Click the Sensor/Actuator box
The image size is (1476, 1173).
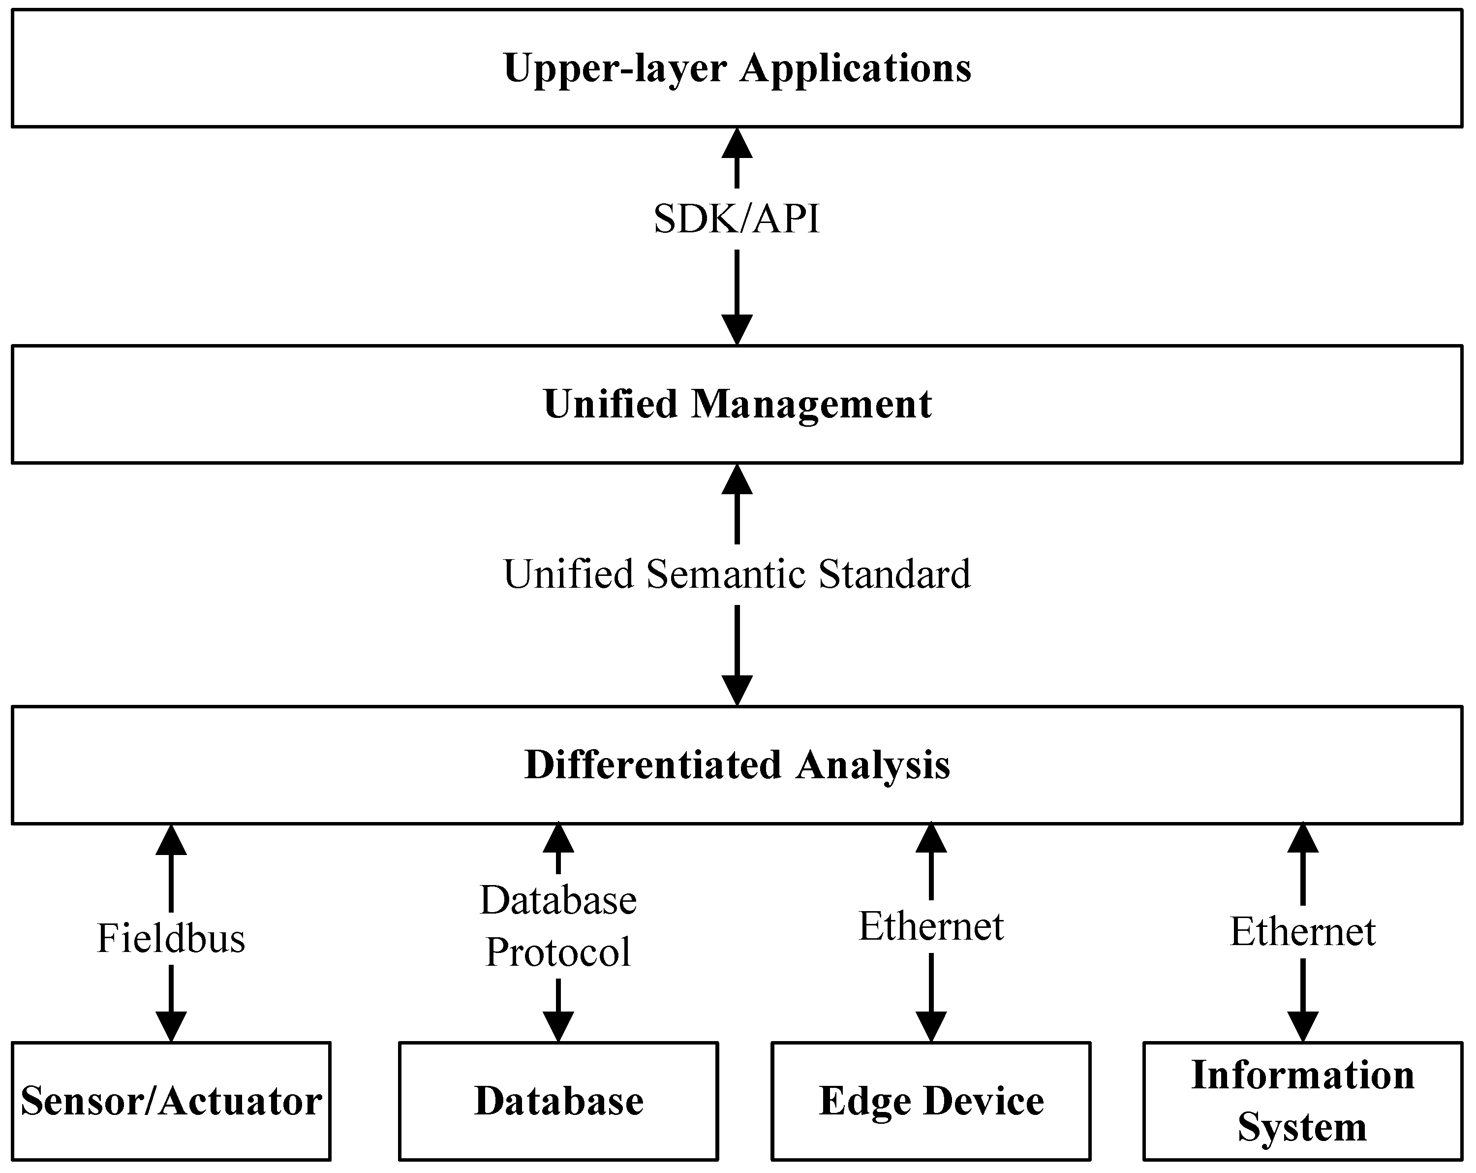tap(171, 1101)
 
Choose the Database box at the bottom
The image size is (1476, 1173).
tap(558, 1101)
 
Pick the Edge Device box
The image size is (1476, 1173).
tap(931, 1101)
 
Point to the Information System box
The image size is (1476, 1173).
tap(1303, 1101)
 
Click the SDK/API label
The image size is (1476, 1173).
tap(737, 219)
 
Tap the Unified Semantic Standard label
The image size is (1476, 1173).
tap(737, 574)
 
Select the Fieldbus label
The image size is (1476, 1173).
tap(171, 938)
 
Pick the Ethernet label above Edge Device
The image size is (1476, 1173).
tap(931, 926)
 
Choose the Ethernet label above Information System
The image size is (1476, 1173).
tap(1303, 932)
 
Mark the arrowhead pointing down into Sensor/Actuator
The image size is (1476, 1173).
tap(171, 1026)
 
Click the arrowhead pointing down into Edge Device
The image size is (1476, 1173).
tap(931, 1026)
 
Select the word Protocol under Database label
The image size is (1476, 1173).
tap(558, 952)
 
